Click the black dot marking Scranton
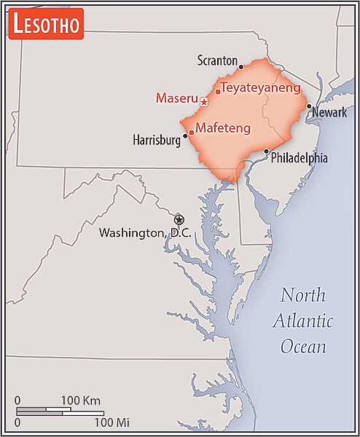[240, 66]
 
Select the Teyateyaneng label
[261, 87]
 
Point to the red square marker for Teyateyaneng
[217, 92]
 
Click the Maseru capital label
[176, 98]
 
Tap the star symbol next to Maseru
[204, 103]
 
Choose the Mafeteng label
[223, 128]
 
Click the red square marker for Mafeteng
[191, 133]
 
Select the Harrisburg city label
[156, 140]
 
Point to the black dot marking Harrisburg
[185, 135]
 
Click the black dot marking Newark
[310, 106]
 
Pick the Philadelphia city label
[299, 157]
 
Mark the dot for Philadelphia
[267, 151]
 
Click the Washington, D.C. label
[144, 233]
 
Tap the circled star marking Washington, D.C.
[179, 219]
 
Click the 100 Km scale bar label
[80, 401]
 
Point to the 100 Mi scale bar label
[111, 422]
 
